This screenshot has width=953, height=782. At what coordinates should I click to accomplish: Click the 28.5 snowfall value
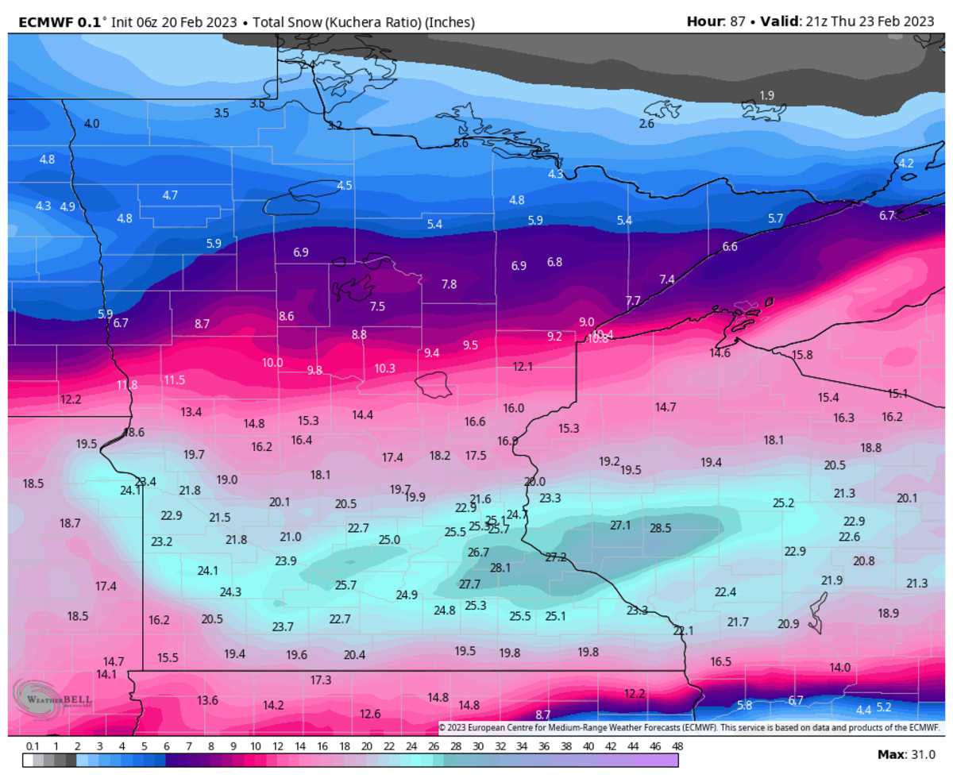pos(660,527)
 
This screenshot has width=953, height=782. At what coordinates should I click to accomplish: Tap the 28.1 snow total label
pos(500,568)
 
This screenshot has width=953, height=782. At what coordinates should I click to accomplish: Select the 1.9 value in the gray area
pos(766,95)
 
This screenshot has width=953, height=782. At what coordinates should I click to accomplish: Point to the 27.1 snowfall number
pos(619,525)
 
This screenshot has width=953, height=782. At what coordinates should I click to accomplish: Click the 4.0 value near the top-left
pos(91,123)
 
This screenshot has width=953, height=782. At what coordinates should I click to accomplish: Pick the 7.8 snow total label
pos(449,283)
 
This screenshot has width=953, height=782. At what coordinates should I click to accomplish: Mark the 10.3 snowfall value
pos(384,368)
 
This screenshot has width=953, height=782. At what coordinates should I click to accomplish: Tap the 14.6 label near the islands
pos(720,352)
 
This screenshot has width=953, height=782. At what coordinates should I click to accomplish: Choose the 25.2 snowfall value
pos(783,503)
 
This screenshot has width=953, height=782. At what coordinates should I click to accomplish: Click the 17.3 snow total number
pos(320,680)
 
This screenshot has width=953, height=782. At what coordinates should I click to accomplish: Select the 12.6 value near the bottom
pos(370,713)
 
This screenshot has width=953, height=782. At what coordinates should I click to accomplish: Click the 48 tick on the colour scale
pos(677,746)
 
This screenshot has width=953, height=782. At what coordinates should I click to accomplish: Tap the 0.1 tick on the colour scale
pos(33,746)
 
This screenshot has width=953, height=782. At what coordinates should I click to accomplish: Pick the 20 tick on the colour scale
pos(366,746)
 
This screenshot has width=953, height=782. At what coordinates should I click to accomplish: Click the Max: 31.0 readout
pos(908,754)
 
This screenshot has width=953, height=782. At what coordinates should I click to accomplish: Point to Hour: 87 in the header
pos(716,21)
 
